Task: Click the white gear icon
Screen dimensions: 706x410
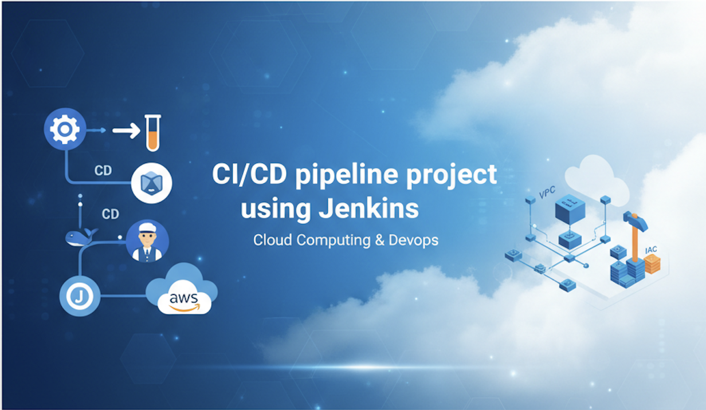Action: (65, 129)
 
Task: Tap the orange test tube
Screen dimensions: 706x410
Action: (153, 133)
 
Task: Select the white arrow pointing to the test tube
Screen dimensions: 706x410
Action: (127, 131)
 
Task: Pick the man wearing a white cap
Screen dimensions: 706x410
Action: (147, 242)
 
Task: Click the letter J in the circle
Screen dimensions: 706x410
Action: (80, 296)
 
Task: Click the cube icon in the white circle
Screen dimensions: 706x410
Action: (152, 183)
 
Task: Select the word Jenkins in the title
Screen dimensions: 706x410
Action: (369, 208)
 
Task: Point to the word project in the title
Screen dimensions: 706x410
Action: (452, 175)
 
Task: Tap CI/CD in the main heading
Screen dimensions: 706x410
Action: (249, 174)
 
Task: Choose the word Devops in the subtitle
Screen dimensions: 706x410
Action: (414, 241)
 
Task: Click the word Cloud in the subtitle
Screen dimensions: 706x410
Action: (273, 240)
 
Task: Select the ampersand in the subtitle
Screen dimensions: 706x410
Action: (380, 241)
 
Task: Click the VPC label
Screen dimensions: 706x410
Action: (547, 192)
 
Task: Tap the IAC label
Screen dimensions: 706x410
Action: (651, 250)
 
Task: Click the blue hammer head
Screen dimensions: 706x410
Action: (635, 220)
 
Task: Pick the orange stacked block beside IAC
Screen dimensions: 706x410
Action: (652, 264)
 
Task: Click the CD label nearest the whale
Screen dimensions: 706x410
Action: (110, 214)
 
